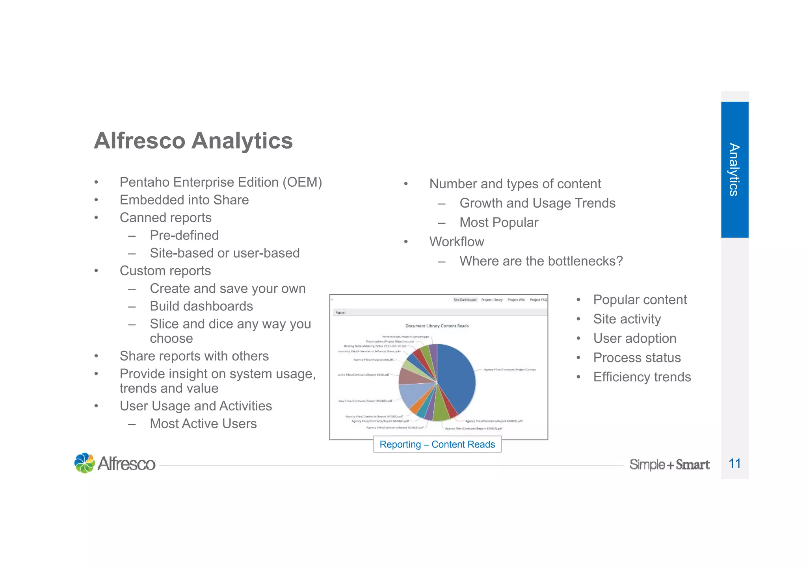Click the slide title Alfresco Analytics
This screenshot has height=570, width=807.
[193, 141]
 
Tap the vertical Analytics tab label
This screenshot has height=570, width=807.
[734, 169]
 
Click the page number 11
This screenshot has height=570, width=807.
[734, 463]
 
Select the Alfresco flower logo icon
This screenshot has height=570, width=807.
[85, 463]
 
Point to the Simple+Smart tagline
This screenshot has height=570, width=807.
[669, 464]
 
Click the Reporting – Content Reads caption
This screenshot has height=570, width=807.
[437, 444]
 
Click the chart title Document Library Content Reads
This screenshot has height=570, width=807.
[437, 326]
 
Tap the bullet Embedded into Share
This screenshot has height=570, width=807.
[184, 200]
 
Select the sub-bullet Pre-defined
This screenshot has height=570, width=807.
[184, 235]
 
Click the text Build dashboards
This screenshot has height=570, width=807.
[201, 306]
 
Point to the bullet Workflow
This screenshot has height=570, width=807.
[456, 241]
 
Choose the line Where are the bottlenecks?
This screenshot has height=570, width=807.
[541, 261]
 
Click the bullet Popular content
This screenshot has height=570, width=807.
[640, 299]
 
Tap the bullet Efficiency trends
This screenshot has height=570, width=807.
[642, 377]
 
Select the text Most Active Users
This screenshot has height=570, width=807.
[203, 423]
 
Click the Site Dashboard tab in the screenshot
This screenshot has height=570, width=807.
[465, 300]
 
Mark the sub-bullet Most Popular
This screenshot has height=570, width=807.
[498, 222]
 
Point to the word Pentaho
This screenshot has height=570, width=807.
[144, 182]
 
